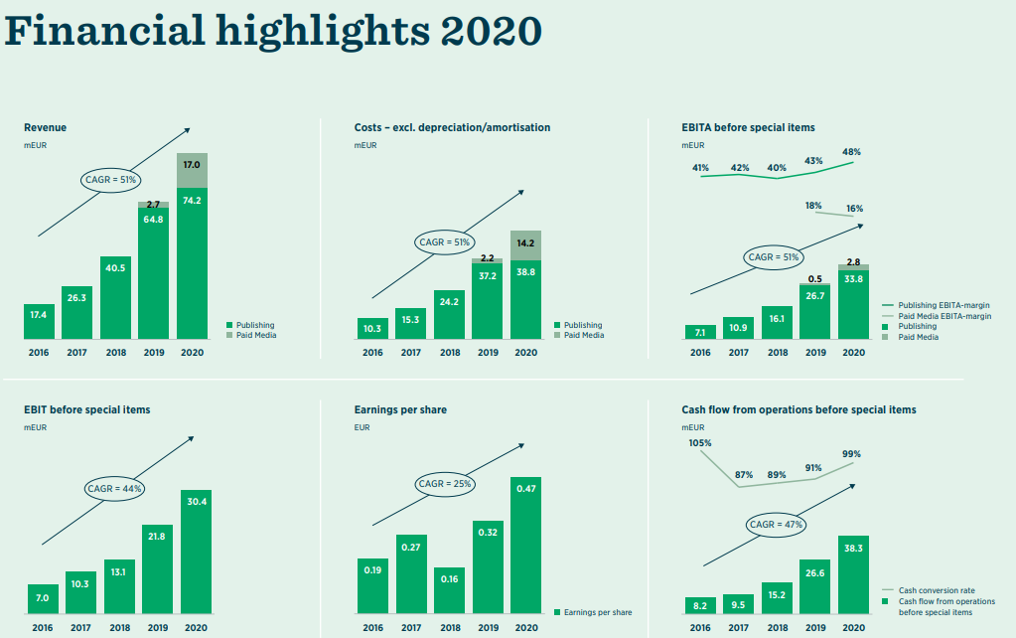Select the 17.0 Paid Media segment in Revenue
pos(192,170)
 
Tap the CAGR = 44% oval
pos(115,489)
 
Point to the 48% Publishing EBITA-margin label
pos(851,152)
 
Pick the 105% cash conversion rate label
pos(700,442)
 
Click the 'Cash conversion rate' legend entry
pos(936,590)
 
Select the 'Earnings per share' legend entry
pos(597,612)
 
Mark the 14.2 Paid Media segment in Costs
pos(526,245)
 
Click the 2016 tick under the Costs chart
pos(372,352)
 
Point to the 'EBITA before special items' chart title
pos(748,127)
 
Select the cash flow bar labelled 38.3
pos(853,575)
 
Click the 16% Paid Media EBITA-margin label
pos(854,209)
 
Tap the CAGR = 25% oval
pos(446,484)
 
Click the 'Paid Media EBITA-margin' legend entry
pos(943,316)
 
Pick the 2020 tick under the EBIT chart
pos(196,628)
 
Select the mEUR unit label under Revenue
pos(35,145)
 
